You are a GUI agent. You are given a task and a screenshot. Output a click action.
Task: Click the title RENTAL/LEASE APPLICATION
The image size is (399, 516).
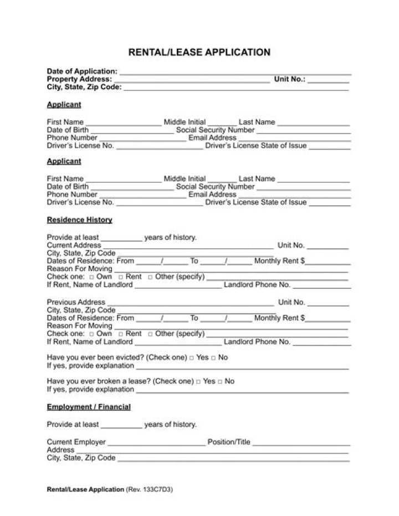click(199, 53)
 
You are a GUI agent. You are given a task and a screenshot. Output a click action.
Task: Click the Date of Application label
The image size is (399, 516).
click(81, 71)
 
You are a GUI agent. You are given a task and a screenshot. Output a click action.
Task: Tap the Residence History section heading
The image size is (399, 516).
click(79, 220)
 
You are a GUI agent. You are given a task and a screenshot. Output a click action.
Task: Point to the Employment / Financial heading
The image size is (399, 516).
click(89, 407)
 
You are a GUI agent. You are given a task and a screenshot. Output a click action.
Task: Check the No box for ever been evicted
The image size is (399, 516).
click(213, 358)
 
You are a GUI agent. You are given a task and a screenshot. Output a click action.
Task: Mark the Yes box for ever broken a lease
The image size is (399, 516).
click(198, 382)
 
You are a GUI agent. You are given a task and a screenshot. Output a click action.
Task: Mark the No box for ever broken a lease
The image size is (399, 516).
click(220, 382)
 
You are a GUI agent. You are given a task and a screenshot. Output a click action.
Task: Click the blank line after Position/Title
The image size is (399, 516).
click(301, 444)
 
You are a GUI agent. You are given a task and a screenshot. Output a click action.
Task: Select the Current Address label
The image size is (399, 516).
click(74, 245)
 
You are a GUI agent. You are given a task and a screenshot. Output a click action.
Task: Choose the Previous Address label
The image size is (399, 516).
click(75, 302)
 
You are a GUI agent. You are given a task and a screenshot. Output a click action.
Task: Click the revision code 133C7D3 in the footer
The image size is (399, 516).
click(161, 490)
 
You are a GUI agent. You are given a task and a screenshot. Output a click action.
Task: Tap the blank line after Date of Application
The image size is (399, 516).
click(235, 73)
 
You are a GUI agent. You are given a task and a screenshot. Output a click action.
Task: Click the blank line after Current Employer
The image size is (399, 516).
click(156, 444)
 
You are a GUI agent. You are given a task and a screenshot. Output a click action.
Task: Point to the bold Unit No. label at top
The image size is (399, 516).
click(289, 79)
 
